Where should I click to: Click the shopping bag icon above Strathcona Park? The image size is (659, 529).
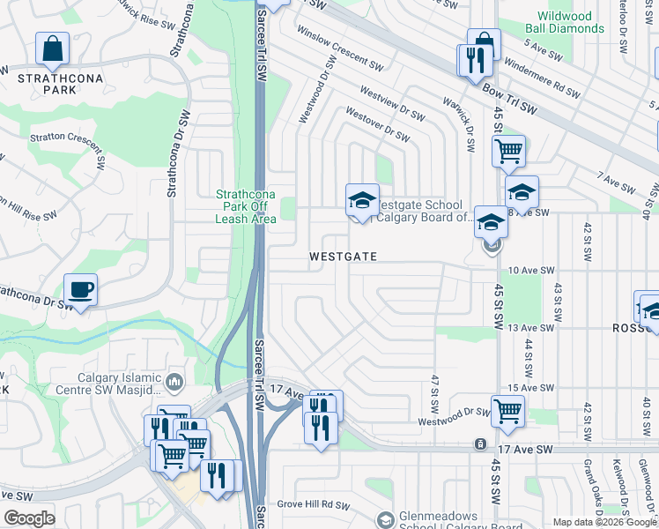pyautogui.click(x=53, y=50)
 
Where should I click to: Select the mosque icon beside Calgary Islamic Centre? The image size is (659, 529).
pyautogui.click(x=174, y=382)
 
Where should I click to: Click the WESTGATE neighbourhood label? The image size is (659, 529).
pyautogui.click(x=343, y=257)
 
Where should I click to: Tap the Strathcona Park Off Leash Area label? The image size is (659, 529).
pyautogui.click(x=241, y=206)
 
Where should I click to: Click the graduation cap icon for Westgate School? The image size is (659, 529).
pyautogui.click(x=361, y=201)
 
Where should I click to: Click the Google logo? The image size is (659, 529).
pyautogui.click(x=29, y=518)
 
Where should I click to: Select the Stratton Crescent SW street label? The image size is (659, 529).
pyautogui.click(x=67, y=138)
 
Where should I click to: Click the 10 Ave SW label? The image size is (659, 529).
pyautogui.click(x=532, y=271)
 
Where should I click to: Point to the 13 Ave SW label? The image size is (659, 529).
pyautogui.click(x=532, y=328)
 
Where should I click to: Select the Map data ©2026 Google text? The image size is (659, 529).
pyautogui.click(x=603, y=522)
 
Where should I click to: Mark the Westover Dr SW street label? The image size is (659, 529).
pyautogui.click(x=377, y=125)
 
